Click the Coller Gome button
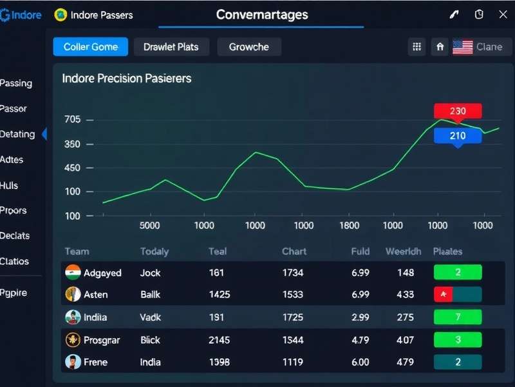click(90, 47)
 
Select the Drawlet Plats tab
click(171, 47)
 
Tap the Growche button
click(249, 47)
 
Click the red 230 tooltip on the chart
click(458, 112)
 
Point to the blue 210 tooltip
click(458, 135)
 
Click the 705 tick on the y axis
click(73, 120)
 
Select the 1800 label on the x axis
click(349, 226)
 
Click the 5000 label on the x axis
click(149, 226)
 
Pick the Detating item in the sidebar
click(18, 134)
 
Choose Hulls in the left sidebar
click(10, 186)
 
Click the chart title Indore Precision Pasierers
click(126, 79)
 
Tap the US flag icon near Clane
click(462, 47)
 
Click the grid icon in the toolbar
click(417, 47)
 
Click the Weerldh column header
click(403, 252)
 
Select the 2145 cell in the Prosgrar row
click(220, 340)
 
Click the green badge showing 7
click(458, 317)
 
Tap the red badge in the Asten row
click(444, 295)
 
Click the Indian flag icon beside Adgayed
click(73, 272)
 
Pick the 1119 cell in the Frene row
click(292, 362)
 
